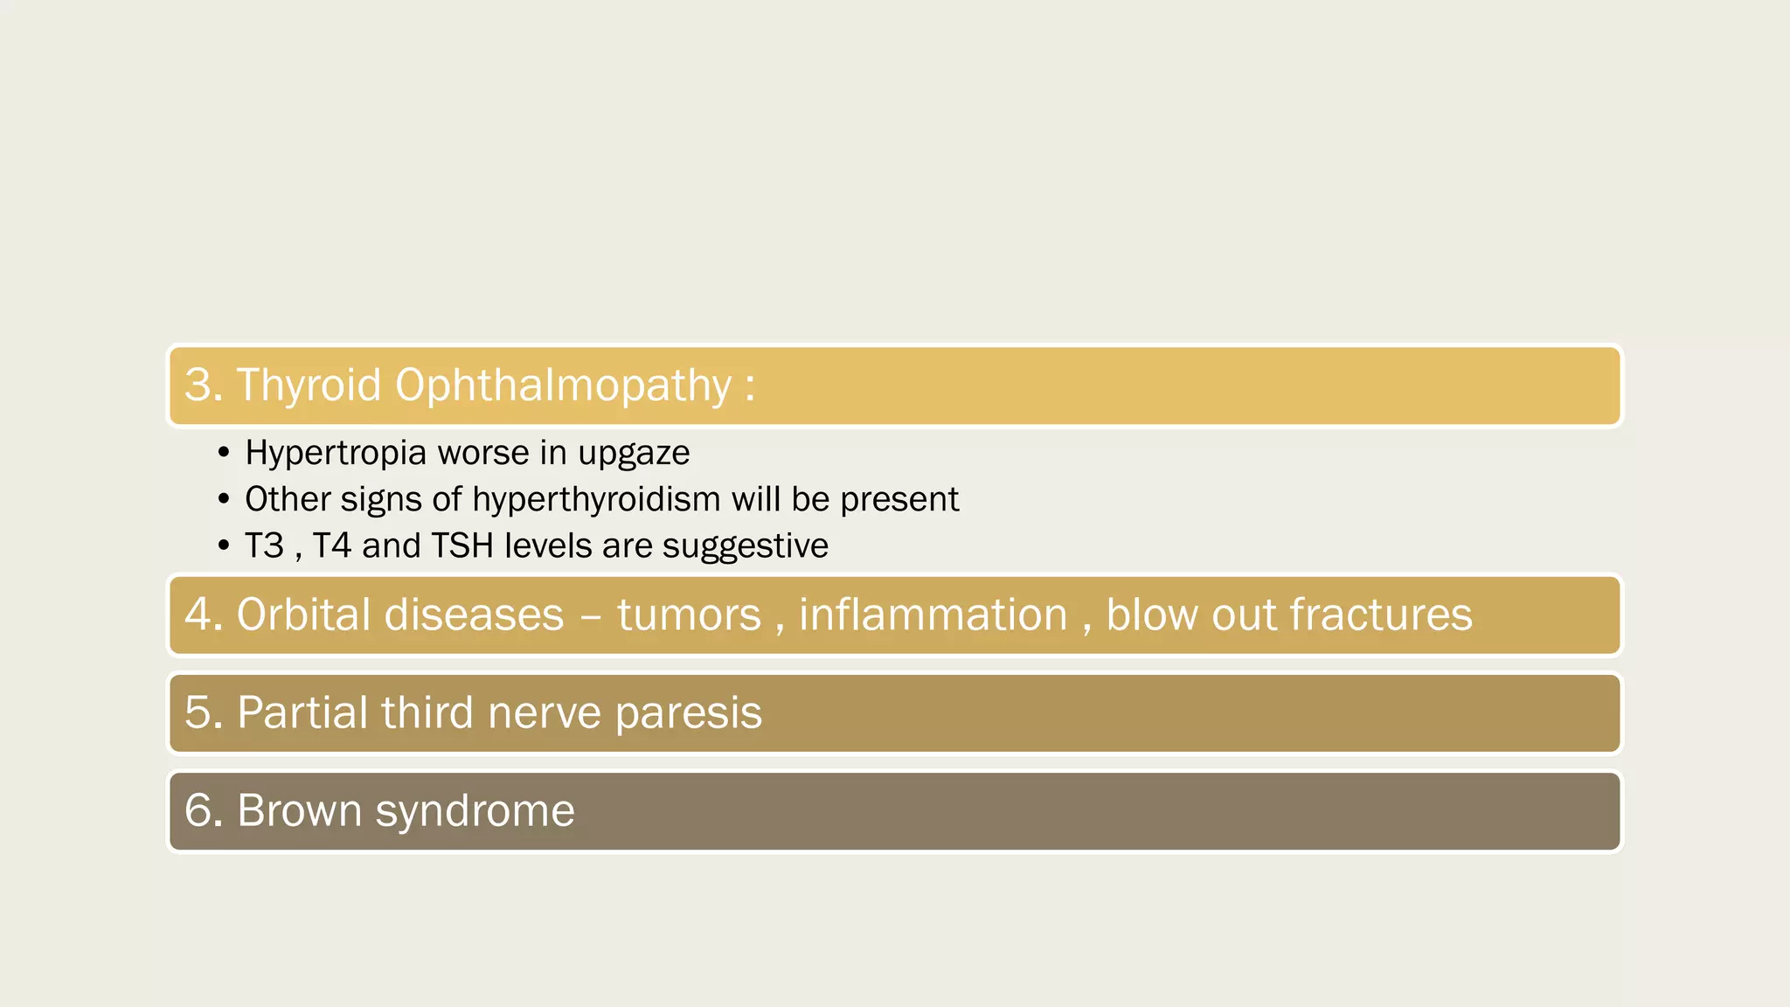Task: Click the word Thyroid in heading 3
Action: pyautogui.click(x=309, y=385)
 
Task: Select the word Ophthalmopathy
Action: pyautogui.click(x=563, y=385)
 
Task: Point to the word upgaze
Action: pyautogui.click(x=634, y=454)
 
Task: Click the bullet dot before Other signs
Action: pyautogui.click(x=224, y=499)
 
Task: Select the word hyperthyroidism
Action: pyautogui.click(x=597, y=499)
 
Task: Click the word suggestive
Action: pyautogui.click(x=745, y=545)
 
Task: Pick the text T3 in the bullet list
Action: pyautogui.click(x=264, y=545)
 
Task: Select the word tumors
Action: pyautogui.click(x=689, y=615)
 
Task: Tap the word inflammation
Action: pyautogui.click(x=933, y=615)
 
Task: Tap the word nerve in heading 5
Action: pyautogui.click(x=544, y=712)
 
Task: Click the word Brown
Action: pyautogui.click(x=299, y=810)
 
